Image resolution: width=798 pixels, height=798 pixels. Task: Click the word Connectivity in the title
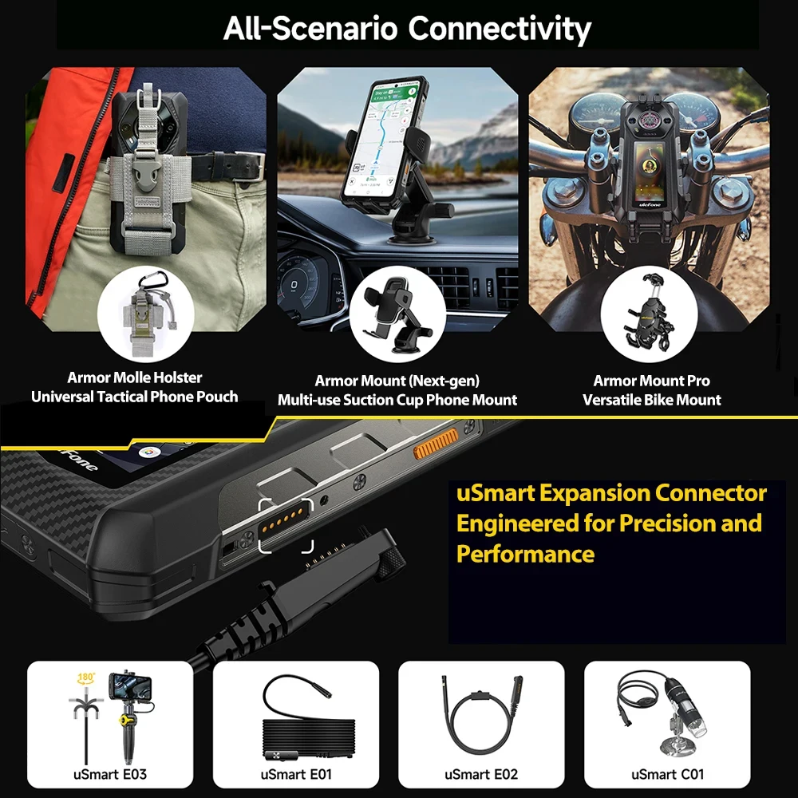click(x=499, y=29)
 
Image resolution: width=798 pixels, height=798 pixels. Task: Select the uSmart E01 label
click(x=295, y=773)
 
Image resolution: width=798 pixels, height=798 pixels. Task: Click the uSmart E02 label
click(x=480, y=773)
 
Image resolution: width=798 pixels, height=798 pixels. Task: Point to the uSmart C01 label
click(x=667, y=773)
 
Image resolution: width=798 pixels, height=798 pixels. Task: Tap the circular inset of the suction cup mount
click(x=396, y=313)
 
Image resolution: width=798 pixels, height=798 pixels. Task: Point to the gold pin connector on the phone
click(x=285, y=524)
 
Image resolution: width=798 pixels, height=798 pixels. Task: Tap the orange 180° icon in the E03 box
click(x=86, y=679)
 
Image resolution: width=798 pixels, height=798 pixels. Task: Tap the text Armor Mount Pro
click(x=651, y=381)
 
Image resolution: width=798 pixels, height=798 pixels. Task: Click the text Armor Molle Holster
click(x=134, y=377)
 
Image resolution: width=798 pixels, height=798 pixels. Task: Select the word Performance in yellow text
click(x=525, y=553)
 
